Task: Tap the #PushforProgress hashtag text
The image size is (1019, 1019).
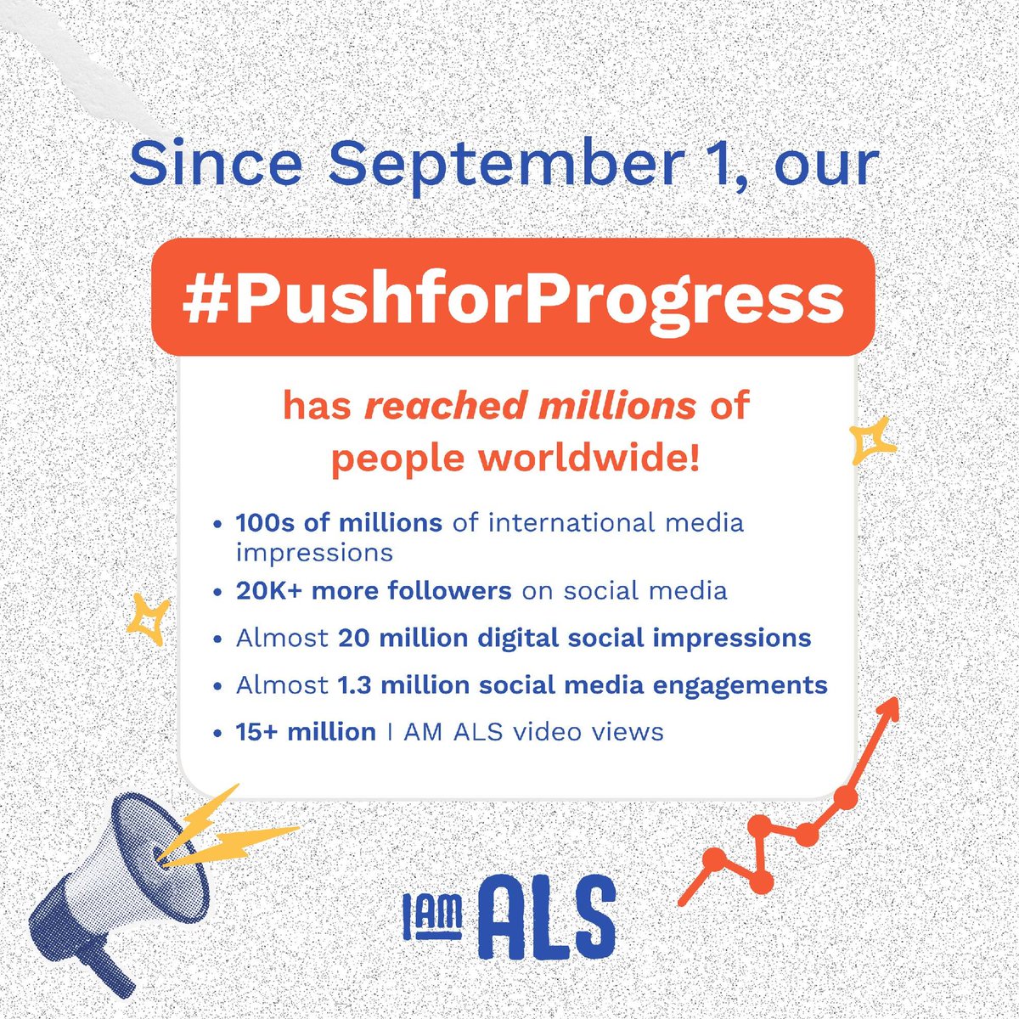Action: [513, 298]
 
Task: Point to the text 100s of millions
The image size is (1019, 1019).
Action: [339, 521]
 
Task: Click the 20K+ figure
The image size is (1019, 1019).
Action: [269, 590]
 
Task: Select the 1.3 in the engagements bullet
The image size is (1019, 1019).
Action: [356, 684]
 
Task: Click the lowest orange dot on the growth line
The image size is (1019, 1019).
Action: [761, 881]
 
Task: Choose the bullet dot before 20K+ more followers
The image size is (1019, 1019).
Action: [219, 592]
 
